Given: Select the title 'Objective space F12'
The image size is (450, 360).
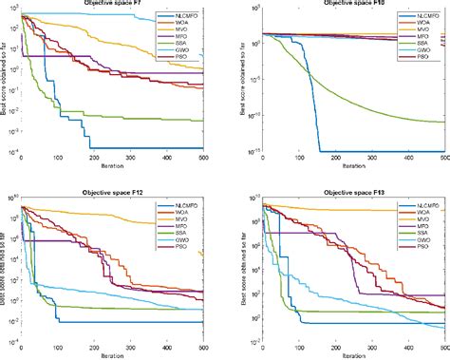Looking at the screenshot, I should click(x=113, y=190).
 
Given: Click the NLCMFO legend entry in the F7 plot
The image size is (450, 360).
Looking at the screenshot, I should click(x=184, y=18).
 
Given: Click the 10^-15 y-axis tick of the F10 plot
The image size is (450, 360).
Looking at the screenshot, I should click(x=251, y=150).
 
